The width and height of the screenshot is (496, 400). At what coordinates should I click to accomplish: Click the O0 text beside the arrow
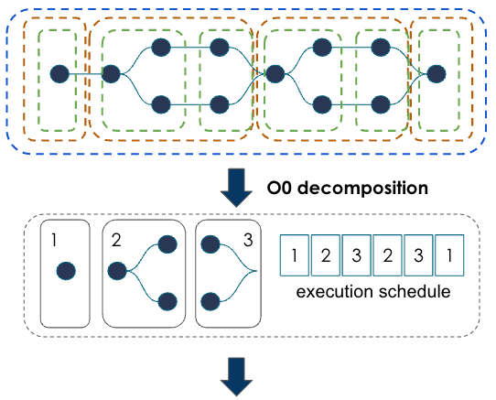pyautogui.click(x=281, y=189)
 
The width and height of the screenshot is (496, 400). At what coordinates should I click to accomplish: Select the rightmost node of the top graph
pyautogui.click(x=436, y=72)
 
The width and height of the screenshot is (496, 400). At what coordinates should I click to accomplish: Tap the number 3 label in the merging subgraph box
pyautogui.click(x=248, y=241)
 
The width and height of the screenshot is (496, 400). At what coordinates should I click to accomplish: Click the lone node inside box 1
pyautogui.click(x=65, y=272)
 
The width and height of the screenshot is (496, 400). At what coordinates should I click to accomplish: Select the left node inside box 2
pyautogui.click(x=117, y=272)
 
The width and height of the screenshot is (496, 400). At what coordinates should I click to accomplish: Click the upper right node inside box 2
pyautogui.click(x=167, y=244)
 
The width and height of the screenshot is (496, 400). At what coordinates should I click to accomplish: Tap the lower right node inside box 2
pyautogui.click(x=167, y=299)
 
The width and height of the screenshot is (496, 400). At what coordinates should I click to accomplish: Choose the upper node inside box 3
pyautogui.click(x=210, y=244)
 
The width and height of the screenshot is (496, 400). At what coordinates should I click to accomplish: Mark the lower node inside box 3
pyautogui.click(x=210, y=299)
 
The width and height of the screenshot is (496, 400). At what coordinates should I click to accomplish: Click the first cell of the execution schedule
pyautogui.click(x=293, y=254)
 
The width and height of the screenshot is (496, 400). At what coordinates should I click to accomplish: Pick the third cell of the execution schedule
pyautogui.click(x=356, y=254)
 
